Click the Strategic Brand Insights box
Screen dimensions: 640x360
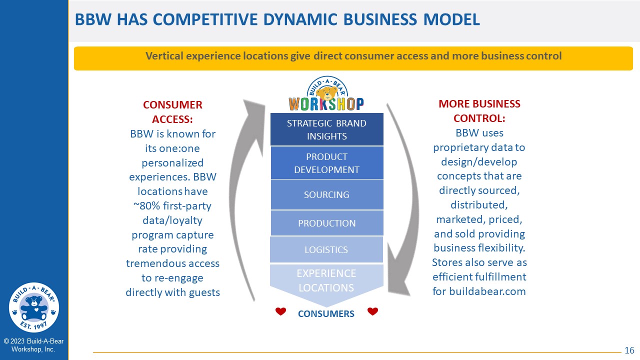tap(327, 129)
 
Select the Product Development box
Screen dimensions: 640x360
tap(327, 163)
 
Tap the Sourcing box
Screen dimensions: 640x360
tap(327, 194)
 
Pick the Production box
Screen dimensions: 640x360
tap(327, 223)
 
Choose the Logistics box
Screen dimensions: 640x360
tap(326, 249)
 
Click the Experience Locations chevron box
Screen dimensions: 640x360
tap(326, 283)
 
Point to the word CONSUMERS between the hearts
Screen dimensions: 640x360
tap(326, 313)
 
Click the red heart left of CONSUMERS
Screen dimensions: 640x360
tap(280, 311)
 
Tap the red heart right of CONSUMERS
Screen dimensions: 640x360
tap(372, 311)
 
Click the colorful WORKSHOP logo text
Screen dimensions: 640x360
tap(326, 104)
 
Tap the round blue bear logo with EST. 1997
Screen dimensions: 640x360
tap(34, 307)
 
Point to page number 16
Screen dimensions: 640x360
tap(629, 350)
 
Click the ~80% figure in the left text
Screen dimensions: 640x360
tap(146, 205)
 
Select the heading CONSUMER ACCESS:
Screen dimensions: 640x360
tap(172, 112)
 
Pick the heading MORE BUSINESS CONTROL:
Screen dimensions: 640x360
tap(479, 111)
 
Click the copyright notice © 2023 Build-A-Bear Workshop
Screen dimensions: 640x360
tap(33, 345)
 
